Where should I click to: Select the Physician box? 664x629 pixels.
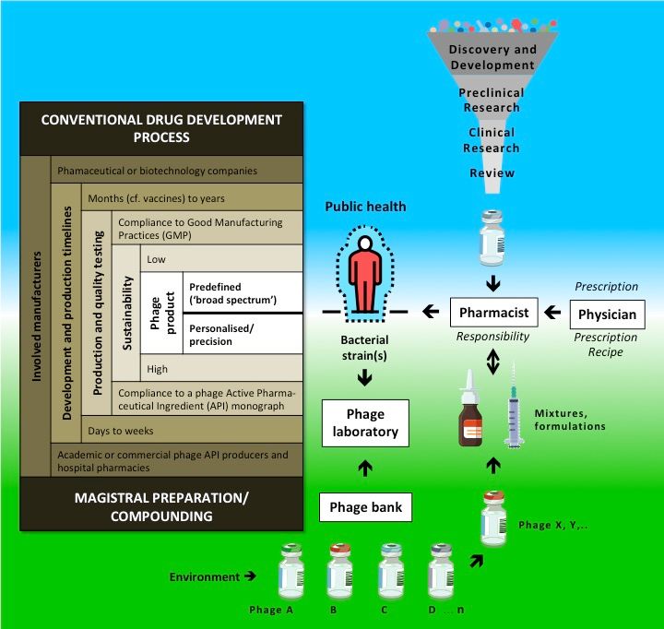pos(607,314)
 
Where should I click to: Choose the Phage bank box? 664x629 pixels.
pos(366,506)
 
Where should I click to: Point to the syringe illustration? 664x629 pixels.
pos(513,416)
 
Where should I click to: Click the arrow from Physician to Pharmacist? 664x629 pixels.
pos(552,314)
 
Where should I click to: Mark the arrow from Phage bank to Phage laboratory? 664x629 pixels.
pos(366,469)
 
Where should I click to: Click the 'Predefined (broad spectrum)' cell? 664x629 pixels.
pos(244,292)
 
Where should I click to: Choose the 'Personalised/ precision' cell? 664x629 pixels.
pos(244,334)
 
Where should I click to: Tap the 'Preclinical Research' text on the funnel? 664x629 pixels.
pos(491,100)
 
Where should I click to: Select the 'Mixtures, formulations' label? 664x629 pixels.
pos(570,419)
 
